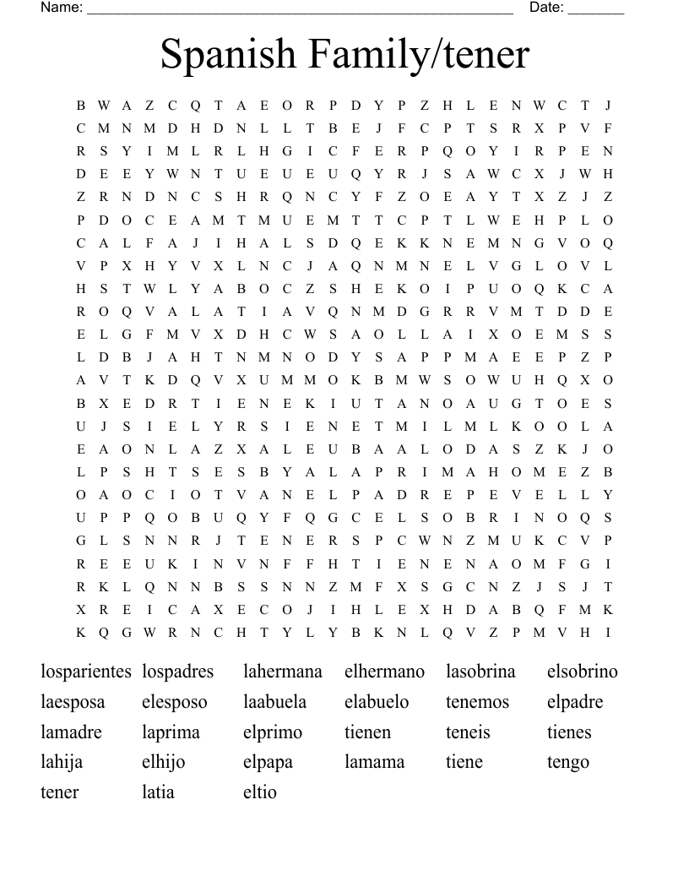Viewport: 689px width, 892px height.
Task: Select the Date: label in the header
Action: pos(546,8)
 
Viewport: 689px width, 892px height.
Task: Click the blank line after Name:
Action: pos(300,10)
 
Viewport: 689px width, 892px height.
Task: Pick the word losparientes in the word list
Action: pos(86,672)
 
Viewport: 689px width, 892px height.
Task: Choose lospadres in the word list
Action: pos(178,672)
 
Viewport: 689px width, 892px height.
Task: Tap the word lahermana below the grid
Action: pos(283,672)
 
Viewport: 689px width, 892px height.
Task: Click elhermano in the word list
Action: pos(384,672)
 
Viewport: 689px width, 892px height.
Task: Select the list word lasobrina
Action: pos(480,672)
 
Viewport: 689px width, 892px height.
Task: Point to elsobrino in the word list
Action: pos(583,672)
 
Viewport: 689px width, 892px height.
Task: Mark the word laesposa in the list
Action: pos(73,703)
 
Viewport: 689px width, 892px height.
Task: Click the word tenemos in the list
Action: pos(478,703)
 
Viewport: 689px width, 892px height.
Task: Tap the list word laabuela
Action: pos(275,703)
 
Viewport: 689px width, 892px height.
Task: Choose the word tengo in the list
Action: pos(568,763)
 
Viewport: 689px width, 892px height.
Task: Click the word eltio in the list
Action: pos(260,792)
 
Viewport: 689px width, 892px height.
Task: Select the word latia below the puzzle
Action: pos(158,792)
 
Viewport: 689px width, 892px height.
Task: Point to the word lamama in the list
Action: pos(375,762)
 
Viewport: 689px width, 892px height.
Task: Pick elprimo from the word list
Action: pos(273,733)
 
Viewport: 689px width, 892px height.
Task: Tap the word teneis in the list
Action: pos(468,732)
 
